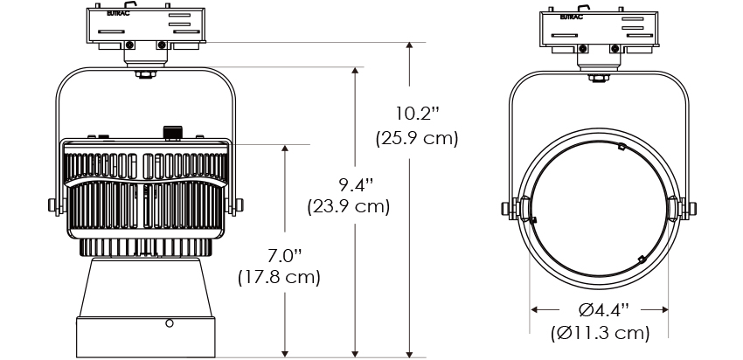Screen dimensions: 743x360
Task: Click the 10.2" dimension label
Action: pyautogui.click(x=418, y=114)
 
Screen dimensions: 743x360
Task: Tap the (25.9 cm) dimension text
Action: pyautogui.click(x=417, y=138)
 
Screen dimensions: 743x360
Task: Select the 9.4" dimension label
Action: pyautogui.click(x=356, y=184)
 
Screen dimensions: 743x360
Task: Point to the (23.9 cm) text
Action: pyautogui.click(x=349, y=207)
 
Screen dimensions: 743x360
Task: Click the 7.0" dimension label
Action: pyautogui.click(x=284, y=255)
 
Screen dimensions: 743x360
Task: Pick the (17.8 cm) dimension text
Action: pyautogui.click(x=279, y=277)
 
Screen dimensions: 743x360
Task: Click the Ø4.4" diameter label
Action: pyautogui.click(x=604, y=310)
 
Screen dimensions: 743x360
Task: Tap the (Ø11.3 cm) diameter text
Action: pyautogui.click(x=600, y=333)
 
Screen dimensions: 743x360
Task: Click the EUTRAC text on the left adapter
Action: pyautogui.click(x=118, y=14)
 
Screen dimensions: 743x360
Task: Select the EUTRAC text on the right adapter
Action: pyautogui.click(x=572, y=17)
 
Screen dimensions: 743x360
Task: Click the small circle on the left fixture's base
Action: pyautogui.click(x=170, y=323)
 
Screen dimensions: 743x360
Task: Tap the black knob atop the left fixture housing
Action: pyautogui.click(x=172, y=133)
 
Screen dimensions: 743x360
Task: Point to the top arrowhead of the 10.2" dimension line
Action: pyautogui.click(x=409, y=45)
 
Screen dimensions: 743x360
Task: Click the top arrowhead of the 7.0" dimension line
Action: pyautogui.click(x=285, y=149)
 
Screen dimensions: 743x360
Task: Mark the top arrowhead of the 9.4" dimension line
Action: pyautogui.click(x=355, y=71)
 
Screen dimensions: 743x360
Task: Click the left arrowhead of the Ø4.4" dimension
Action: pyautogui.click(x=534, y=310)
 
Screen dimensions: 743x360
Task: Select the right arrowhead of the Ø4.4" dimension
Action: pyautogui.click(x=664, y=310)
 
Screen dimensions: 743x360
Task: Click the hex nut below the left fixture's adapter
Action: pyautogui.click(x=145, y=74)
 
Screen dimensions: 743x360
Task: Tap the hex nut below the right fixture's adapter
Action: pyautogui.click(x=599, y=78)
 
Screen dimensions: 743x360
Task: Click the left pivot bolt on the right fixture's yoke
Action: pyautogui.click(x=505, y=208)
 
